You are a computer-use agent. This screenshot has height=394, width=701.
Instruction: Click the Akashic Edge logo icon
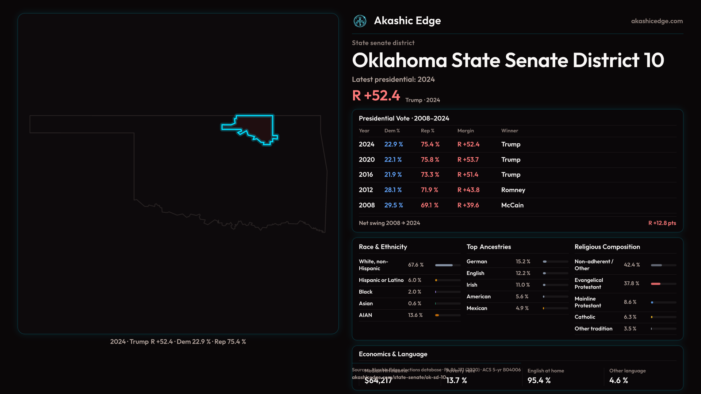pyautogui.click(x=360, y=21)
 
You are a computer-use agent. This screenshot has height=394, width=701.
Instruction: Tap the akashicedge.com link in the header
pyautogui.click(x=657, y=21)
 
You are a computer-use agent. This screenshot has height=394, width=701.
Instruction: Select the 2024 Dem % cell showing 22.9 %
pyautogui.click(x=394, y=144)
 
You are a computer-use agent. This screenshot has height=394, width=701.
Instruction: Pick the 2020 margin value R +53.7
pyautogui.click(x=468, y=160)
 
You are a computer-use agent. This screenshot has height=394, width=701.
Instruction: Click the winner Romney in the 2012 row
pyautogui.click(x=513, y=190)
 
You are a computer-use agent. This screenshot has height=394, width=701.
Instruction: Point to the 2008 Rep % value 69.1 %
pyautogui.click(x=429, y=205)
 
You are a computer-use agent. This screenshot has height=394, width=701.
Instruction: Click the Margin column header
pyautogui.click(x=466, y=131)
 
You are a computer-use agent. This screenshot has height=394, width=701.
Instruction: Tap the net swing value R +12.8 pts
pyautogui.click(x=662, y=223)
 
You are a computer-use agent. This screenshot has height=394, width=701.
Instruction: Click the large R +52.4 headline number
pyautogui.click(x=376, y=96)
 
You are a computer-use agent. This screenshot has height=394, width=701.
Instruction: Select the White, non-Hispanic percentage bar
pyautogui.click(x=448, y=265)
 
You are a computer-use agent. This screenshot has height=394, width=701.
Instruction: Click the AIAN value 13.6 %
pyautogui.click(x=415, y=315)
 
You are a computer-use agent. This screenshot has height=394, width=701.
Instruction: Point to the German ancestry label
pyautogui.click(x=476, y=262)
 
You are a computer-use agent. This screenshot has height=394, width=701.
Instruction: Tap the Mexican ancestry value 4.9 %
pyautogui.click(x=522, y=308)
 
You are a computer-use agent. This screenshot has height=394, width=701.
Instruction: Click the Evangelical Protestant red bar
pyautogui.click(x=656, y=284)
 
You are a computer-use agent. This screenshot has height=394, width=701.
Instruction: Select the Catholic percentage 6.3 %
pyautogui.click(x=630, y=317)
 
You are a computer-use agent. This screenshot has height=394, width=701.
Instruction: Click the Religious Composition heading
pyautogui.click(x=607, y=247)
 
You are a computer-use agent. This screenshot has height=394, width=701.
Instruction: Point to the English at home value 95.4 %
pyautogui.click(x=539, y=380)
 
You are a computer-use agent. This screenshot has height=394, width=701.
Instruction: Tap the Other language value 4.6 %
pyautogui.click(x=618, y=380)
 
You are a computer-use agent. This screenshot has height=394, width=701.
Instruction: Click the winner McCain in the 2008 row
pyautogui.click(x=512, y=205)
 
